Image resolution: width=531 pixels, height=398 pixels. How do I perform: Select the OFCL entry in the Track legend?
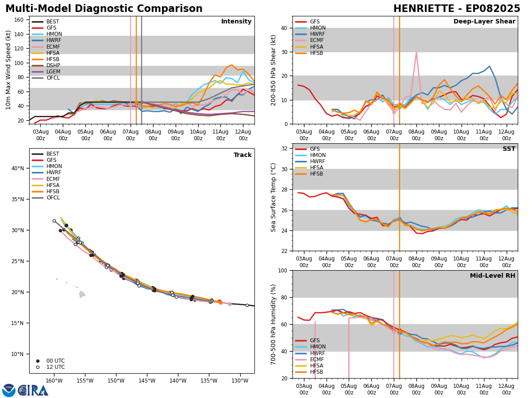[x=53, y=198]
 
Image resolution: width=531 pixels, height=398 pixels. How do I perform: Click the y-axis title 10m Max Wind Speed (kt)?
[x=8, y=70]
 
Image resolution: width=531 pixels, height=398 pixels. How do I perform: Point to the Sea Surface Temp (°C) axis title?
[x=273, y=197]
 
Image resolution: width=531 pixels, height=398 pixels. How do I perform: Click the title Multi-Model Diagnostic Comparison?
[x=104, y=9]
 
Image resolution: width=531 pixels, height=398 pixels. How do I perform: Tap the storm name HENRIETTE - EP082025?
[x=457, y=9]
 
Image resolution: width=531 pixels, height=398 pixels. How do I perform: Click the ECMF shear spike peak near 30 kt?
[x=416, y=52]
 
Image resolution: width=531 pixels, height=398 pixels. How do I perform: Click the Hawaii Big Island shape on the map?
[x=82, y=294]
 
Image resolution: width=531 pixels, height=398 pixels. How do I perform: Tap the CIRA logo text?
[x=33, y=390]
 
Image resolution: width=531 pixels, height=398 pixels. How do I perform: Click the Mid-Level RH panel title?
[x=492, y=276]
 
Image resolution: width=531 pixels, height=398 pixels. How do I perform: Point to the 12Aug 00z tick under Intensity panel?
[x=243, y=135]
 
